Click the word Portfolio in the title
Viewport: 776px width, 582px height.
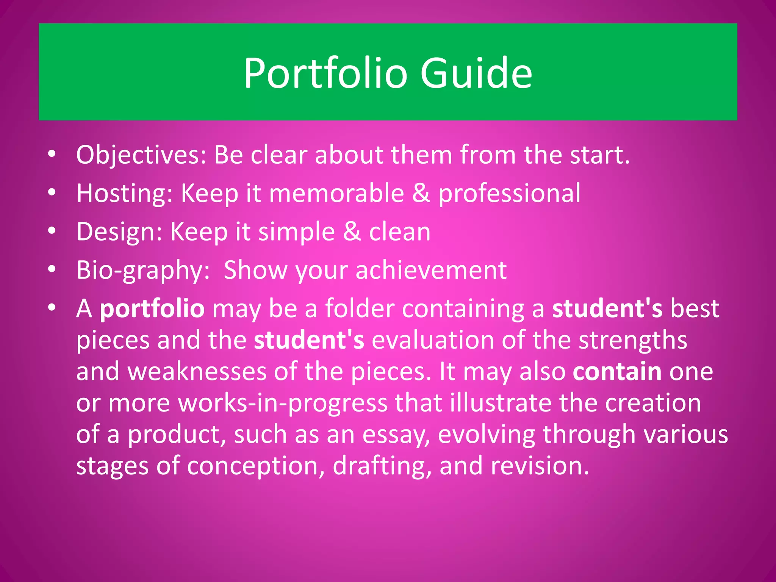pos(325,73)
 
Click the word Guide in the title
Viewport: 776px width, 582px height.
pos(476,73)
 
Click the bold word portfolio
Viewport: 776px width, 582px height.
pos(152,309)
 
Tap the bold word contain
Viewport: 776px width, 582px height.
pos(617,372)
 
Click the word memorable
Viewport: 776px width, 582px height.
pos(336,194)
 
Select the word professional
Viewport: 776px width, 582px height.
pos(509,194)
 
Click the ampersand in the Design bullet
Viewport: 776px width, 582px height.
pos(352,232)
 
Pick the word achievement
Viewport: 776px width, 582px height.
pos(431,271)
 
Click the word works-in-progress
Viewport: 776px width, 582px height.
pos(283,403)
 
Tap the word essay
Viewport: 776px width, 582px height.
pos(396,435)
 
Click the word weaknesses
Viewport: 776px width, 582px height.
pos(197,372)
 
